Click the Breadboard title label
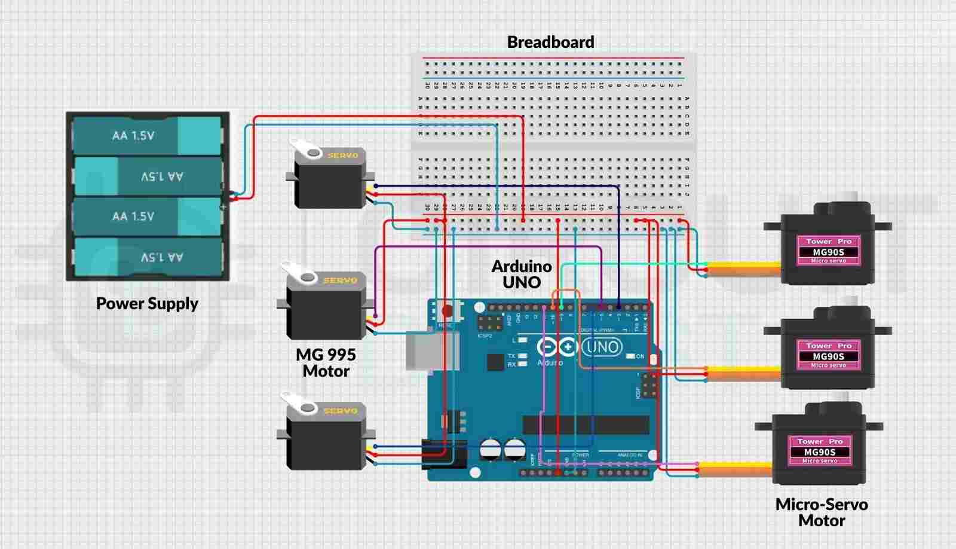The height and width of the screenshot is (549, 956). coord(550,42)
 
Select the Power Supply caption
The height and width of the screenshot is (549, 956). coord(147,304)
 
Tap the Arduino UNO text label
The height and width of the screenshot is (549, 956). coord(521,274)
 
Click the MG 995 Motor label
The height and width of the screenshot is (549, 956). coord(326,363)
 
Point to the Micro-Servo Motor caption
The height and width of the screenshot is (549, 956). coord(822,513)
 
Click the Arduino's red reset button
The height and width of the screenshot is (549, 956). coord(446,311)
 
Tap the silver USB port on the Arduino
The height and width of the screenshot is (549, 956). coord(425,350)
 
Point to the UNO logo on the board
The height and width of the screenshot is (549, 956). coord(602,347)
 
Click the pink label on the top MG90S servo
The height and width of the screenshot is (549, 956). coord(828,251)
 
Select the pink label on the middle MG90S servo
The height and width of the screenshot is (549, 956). coord(828,355)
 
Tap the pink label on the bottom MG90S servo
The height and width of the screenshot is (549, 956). coord(820,452)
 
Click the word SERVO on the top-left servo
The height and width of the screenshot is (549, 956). coord(342,155)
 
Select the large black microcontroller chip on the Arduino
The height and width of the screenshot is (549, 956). coord(586,425)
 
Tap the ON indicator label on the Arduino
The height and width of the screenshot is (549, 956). coord(640,356)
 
